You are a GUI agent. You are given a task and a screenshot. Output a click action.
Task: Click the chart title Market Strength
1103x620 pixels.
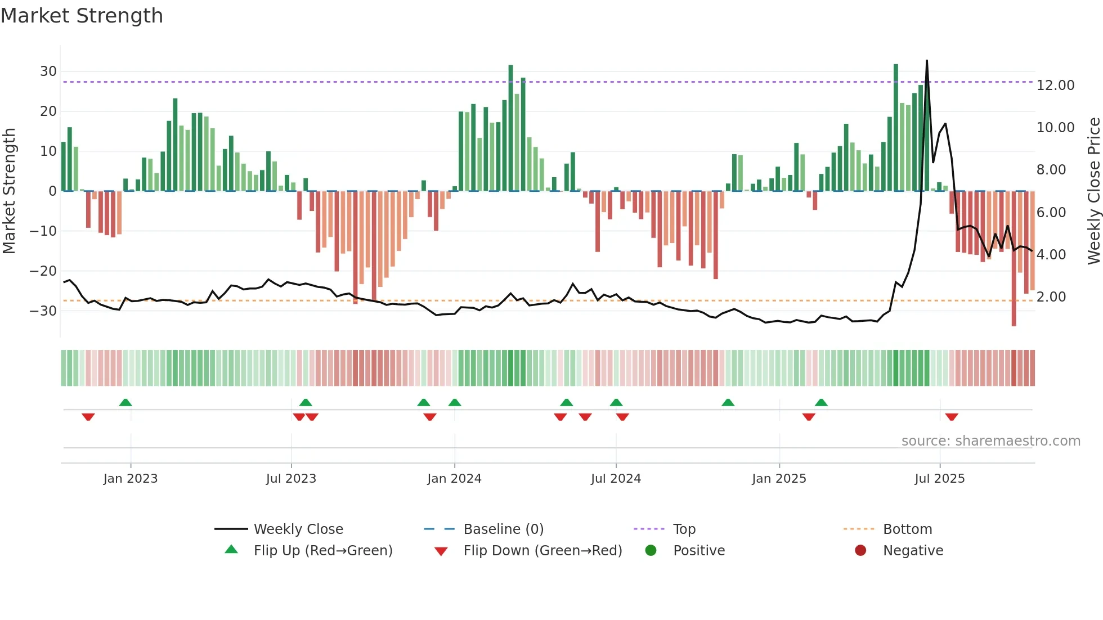click(82, 16)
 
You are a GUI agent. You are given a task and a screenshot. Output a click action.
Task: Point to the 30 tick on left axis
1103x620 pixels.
click(48, 71)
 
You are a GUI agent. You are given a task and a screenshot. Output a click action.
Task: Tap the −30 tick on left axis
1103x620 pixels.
click(43, 311)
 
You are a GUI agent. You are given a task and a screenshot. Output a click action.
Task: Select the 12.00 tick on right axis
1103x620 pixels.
click(1055, 86)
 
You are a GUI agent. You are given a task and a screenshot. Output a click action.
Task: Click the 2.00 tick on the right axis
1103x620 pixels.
click(1051, 297)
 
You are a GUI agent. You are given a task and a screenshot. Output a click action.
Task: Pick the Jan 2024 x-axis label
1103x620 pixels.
click(454, 479)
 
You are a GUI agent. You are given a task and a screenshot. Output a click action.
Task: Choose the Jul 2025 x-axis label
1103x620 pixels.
click(939, 479)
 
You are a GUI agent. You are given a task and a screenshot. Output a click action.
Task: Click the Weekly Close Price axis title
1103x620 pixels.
click(1093, 191)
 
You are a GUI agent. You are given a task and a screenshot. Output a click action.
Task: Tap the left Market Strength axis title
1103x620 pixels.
click(9, 191)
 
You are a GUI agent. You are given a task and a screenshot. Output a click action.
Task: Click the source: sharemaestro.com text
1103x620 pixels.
click(990, 441)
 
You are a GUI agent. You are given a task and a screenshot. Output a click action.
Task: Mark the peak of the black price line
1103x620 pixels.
click(927, 61)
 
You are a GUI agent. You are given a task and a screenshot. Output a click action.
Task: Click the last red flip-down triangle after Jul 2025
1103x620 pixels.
click(952, 417)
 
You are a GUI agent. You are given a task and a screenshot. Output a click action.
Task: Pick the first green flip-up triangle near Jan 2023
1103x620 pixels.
click(125, 403)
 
